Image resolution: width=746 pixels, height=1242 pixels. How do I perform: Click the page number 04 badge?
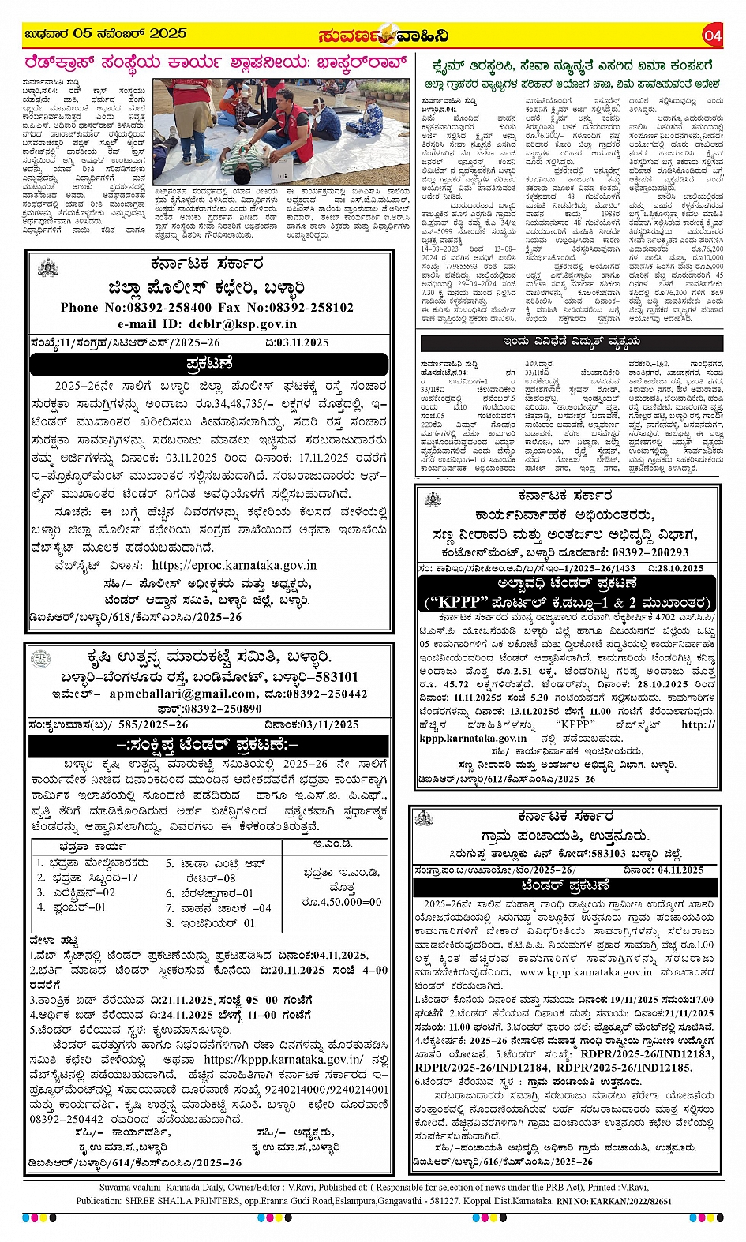(x=712, y=36)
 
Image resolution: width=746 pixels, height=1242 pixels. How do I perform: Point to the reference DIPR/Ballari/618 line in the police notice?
(x=134, y=617)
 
